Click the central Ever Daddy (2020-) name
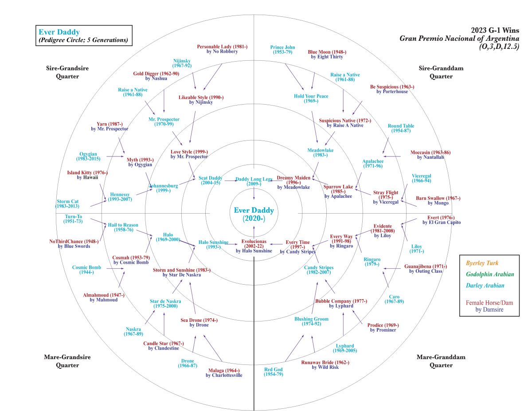tap(254, 214)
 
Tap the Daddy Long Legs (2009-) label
tap(254, 181)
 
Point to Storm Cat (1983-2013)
tap(67, 204)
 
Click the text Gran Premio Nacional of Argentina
tap(459, 38)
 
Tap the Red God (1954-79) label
tap(274, 372)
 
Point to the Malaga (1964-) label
tap(224, 373)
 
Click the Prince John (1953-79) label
tap(282, 50)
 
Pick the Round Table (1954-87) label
tap(401, 129)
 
